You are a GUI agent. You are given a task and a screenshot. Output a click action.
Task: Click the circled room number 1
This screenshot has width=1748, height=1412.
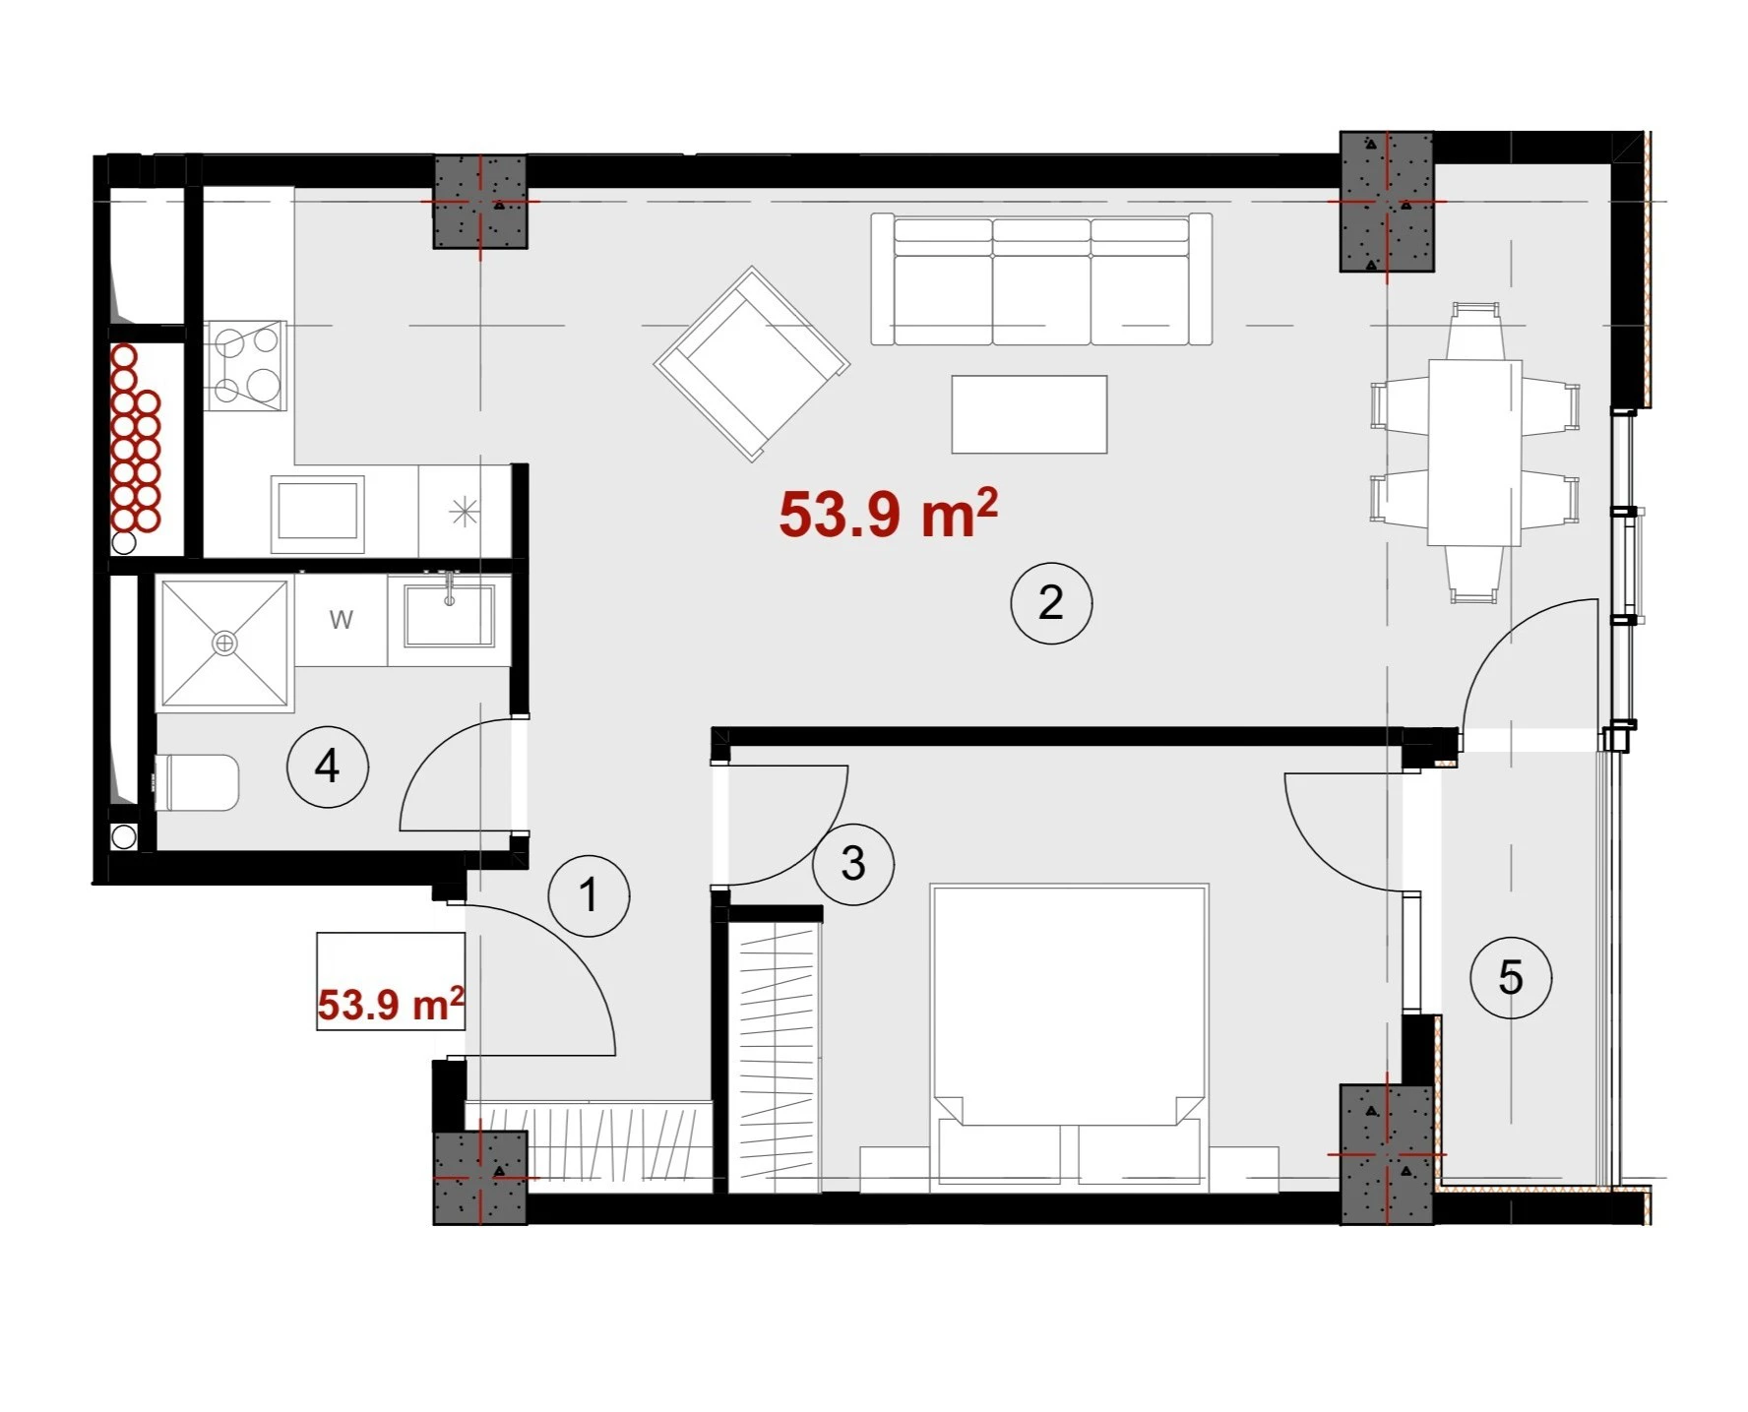(x=589, y=895)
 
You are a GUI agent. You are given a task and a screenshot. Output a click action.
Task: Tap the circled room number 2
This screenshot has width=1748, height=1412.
(x=1051, y=602)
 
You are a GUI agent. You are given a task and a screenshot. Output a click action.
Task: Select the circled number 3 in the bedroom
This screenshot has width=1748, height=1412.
(x=852, y=863)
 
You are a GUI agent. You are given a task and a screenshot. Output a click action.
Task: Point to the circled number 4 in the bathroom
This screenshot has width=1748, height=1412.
(x=327, y=766)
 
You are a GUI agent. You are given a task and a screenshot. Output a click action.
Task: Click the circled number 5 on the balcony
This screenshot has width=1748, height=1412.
(x=1510, y=977)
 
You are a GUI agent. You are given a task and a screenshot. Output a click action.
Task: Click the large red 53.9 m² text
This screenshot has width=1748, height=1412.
(x=888, y=513)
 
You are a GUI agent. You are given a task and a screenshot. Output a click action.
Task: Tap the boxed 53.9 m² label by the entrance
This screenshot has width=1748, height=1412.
(x=391, y=1005)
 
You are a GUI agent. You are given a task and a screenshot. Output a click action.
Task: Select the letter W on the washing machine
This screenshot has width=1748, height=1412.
(x=341, y=620)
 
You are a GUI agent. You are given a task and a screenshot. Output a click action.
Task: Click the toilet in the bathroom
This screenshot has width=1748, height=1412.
(x=197, y=783)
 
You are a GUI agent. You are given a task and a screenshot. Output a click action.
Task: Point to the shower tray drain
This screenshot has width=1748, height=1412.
(x=225, y=643)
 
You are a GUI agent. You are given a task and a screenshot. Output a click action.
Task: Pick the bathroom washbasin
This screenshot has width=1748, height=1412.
(x=449, y=615)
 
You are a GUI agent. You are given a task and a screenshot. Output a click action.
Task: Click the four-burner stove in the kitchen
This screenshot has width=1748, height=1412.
(x=246, y=365)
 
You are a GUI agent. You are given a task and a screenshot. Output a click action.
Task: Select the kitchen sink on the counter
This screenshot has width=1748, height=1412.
(x=317, y=508)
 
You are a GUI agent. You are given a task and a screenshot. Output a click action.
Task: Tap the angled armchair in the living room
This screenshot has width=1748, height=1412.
(x=752, y=363)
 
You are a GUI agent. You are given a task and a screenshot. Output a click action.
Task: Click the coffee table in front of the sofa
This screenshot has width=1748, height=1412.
(x=1030, y=414)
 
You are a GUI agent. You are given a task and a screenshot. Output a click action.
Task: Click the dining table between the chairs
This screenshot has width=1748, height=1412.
(x=1474, y=452)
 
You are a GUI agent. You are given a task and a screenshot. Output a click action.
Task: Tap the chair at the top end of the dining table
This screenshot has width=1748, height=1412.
(x=1474, y=331)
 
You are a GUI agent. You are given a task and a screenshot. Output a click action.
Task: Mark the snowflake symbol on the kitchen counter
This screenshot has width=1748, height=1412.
(x=464, y=512)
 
